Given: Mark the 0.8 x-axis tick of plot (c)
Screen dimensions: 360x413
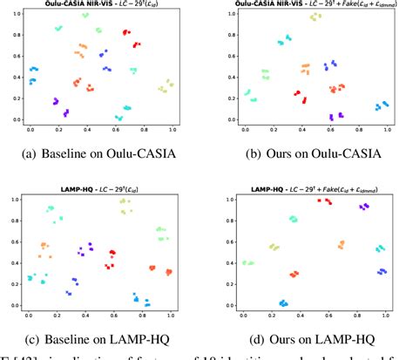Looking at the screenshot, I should click(x=141, y=315).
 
